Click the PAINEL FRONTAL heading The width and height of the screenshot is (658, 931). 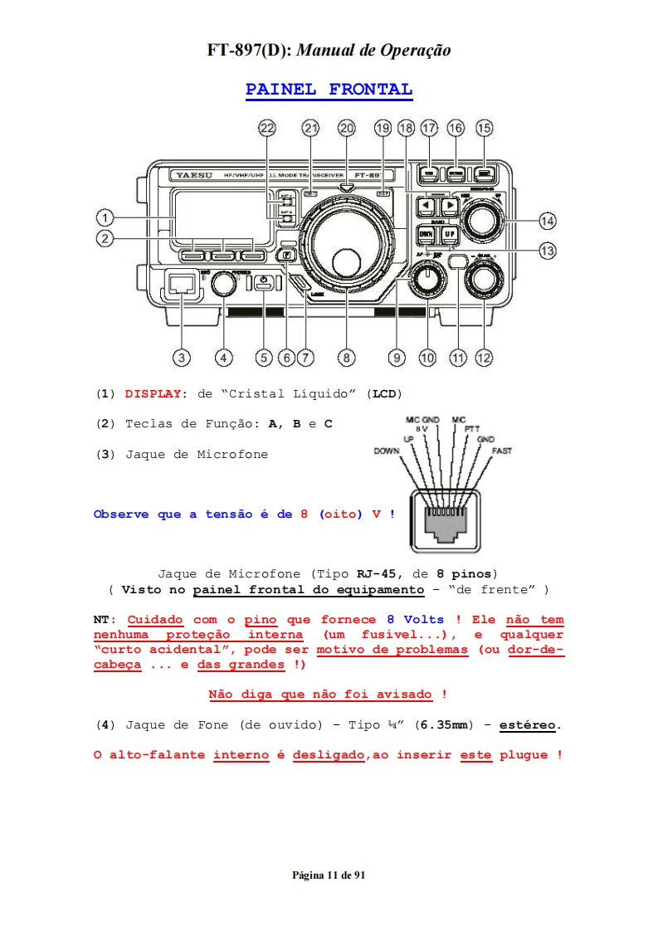329,90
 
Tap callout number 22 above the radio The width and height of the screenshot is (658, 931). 266,128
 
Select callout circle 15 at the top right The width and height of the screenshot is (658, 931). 484,128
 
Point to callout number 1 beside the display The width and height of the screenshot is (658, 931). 105,218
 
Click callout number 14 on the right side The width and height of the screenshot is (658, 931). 547,221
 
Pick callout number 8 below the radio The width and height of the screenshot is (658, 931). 346,358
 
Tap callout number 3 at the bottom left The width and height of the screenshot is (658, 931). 181,358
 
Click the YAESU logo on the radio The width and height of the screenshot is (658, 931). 193,175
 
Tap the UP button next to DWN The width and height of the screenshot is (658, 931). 449,234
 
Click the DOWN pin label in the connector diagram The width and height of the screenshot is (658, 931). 387,451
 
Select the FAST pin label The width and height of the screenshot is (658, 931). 501,451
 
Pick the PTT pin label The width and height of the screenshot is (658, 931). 472,429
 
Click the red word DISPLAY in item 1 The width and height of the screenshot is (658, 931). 153,393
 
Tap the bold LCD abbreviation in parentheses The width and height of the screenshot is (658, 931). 384,393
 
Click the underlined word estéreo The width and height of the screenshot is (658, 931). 528,724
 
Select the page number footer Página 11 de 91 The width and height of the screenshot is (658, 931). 329,875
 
